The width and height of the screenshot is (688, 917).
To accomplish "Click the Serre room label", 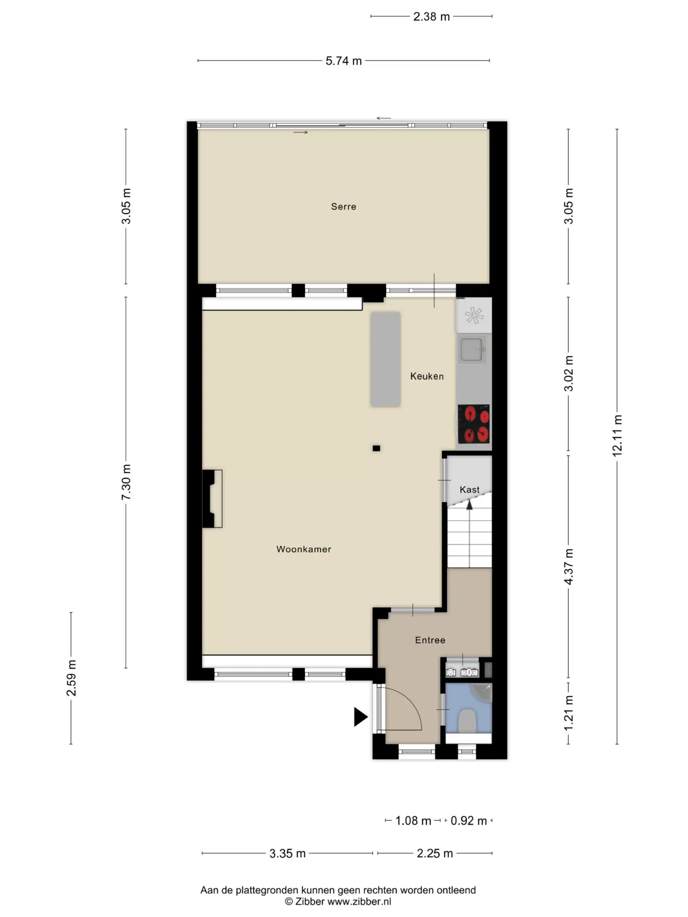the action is click(343, 206).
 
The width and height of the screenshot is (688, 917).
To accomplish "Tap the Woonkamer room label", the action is click(303, 549).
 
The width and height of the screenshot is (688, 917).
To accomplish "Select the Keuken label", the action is click(427, 376).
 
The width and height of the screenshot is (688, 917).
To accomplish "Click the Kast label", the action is click(469, 489).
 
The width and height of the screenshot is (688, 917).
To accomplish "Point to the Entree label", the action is click(430, 640).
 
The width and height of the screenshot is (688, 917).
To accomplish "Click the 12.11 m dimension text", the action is click(617, 436).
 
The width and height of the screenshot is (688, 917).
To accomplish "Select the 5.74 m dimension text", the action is click(343, 61).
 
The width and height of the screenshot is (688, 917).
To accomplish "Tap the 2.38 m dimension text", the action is click(431, 16).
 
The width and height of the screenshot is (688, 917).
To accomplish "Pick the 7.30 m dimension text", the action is click(126, 482).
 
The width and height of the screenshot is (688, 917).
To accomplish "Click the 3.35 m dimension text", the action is click(287, 854).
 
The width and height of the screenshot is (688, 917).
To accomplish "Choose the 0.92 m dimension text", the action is click(469, 821).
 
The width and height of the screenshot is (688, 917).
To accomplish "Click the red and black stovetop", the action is click(474, 424).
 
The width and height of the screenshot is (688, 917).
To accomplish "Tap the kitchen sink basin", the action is click(472, 350).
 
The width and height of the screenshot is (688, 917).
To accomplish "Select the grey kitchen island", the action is click(385, 360).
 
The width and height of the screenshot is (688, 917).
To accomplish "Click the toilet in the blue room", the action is click(468, 720).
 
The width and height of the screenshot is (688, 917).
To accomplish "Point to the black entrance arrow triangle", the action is click(360, 717).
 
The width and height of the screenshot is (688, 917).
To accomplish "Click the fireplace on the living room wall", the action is click(212, 499).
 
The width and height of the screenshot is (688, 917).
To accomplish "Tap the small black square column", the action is click(376, 448).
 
